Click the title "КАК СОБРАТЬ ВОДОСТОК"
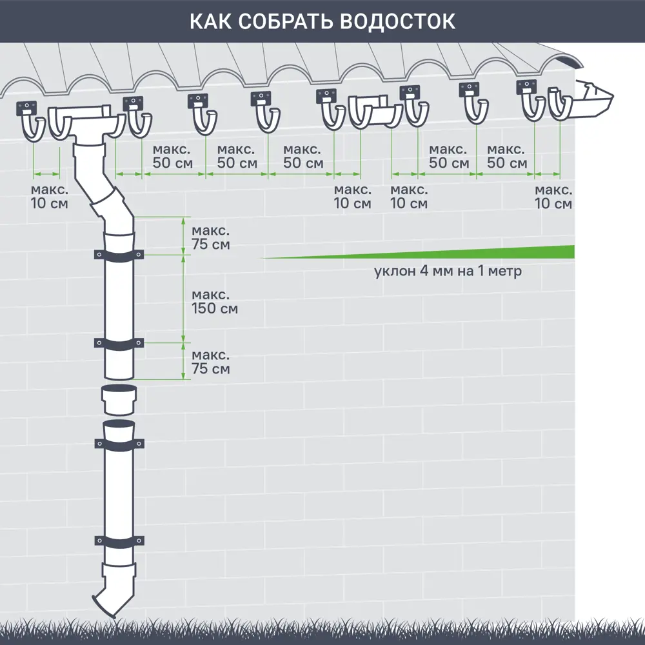[x=322, y=21]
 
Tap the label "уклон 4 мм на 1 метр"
[x=448, y=272]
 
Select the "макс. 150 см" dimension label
[x=215, y=301]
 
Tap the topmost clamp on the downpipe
[x=119, y=255]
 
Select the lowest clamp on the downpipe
[x=119, y=541]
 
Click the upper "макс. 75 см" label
[x=210, y=238]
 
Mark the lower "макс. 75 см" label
[x=210, y=362]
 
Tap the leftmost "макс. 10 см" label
[x=49, y=197]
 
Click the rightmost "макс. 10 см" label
[x=553, y=197]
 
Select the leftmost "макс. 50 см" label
[x=172, y=156]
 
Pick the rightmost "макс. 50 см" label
[x=507, y=156]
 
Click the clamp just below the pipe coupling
[x=119, y=444]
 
